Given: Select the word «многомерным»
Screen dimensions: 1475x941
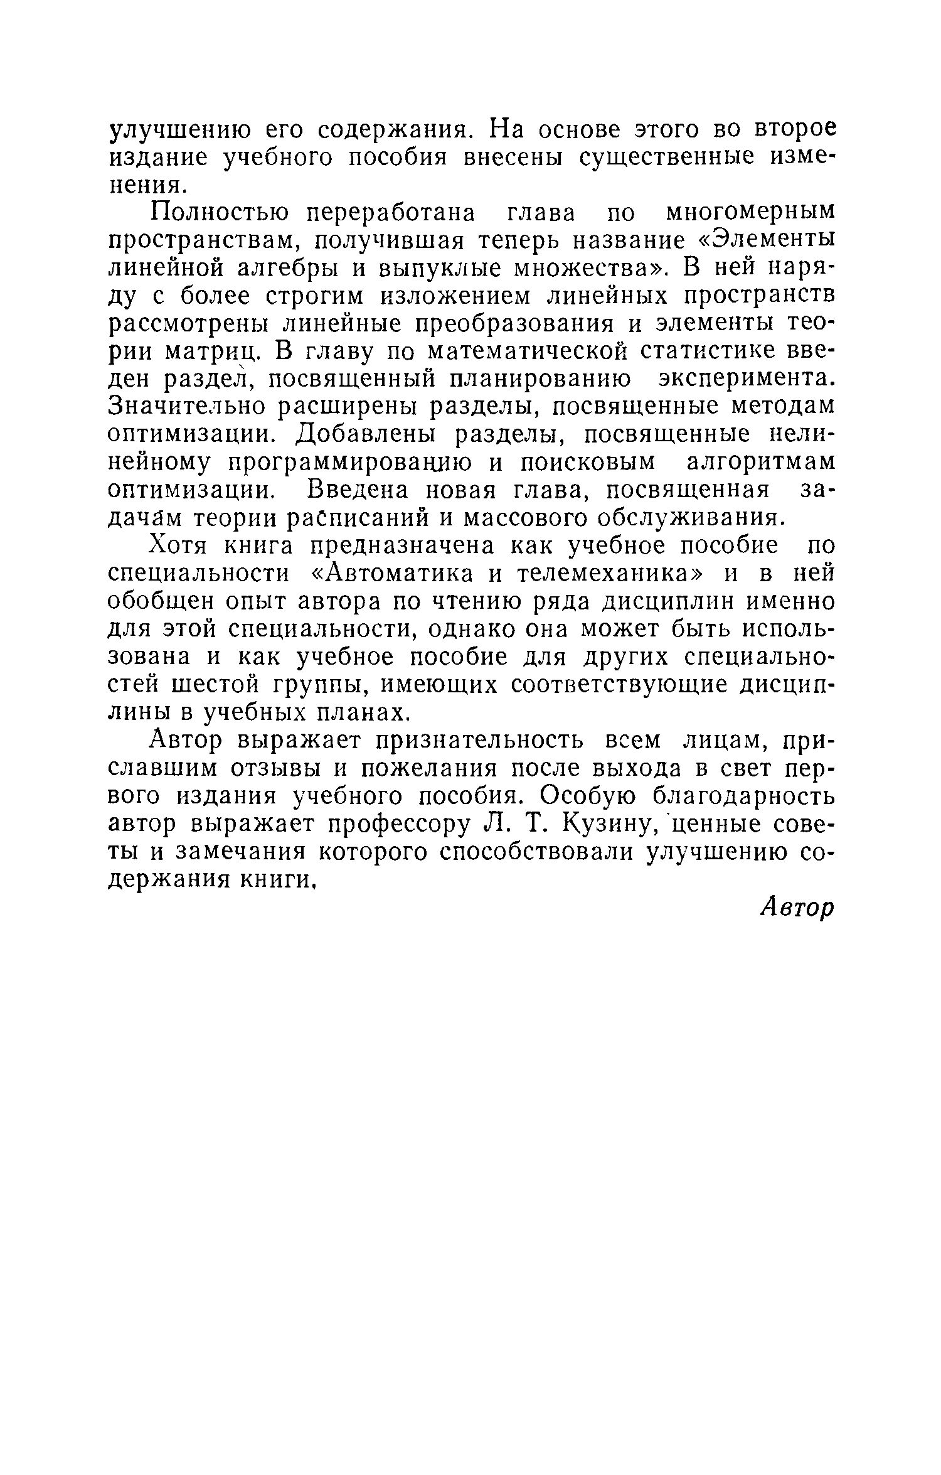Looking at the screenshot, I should pos(750,214).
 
